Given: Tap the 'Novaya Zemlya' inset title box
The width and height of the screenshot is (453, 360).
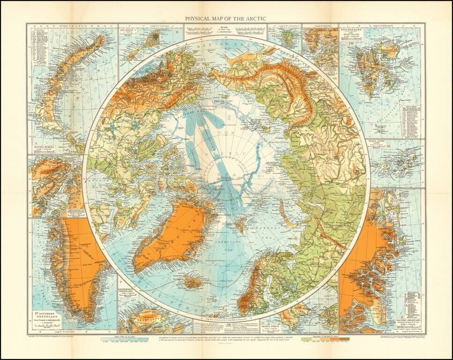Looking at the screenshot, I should point(43,148).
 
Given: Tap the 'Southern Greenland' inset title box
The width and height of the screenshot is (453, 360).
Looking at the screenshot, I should point(45,317).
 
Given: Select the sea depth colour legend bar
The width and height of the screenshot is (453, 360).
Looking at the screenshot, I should point(125,338).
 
